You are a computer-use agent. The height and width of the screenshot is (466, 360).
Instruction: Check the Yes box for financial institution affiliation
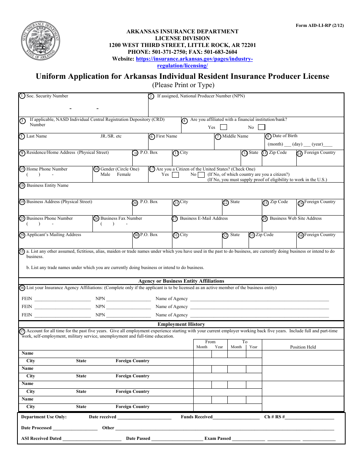(224, 127)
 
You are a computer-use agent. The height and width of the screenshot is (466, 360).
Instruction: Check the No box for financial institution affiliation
(261, 127)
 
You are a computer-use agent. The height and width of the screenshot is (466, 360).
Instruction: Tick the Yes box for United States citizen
(175, 175)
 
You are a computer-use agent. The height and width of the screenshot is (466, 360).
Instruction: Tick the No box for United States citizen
(201, 175)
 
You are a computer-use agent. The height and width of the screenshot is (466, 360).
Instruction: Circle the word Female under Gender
(124, 175)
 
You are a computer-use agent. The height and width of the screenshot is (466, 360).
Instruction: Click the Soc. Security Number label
(47, 96)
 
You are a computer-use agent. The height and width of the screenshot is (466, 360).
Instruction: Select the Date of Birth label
(285, 136)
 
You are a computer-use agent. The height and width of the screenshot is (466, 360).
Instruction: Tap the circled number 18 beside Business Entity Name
(22, 186)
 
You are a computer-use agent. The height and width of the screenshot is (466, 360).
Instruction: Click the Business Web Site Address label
(296, 219)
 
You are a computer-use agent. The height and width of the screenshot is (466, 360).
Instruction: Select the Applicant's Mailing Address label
(53, 235)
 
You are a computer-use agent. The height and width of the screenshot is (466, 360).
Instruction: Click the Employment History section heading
(181, 324)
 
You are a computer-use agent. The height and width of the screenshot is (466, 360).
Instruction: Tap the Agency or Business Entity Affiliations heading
(181, 281)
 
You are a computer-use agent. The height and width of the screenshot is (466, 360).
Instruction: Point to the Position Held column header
(303, 347)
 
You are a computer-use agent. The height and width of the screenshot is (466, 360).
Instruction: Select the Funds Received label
(197, 417)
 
